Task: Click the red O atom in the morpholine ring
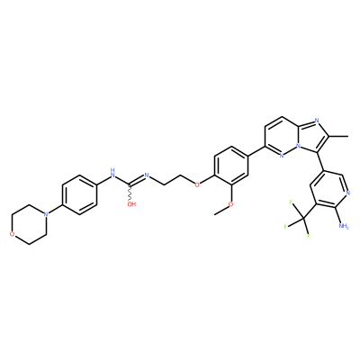[12, 234]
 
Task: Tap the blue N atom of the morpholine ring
[46, 214]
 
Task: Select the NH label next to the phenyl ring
[112, 173]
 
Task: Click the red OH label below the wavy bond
[131, 204]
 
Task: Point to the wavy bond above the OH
[130, 192]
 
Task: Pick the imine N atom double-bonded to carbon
[147, 175]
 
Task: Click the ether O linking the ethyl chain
[197, 184]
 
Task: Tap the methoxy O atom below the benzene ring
[230, 204]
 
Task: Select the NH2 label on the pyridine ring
[343, 225]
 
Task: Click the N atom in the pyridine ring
[347, 193]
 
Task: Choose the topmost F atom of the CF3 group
[291, 202]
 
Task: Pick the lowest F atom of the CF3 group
[308, 237]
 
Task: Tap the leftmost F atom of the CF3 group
[286, 227]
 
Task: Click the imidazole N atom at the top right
[317, 121]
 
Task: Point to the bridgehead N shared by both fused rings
[298, 147]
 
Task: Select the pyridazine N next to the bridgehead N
[282, 156]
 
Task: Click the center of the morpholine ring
[29, 224]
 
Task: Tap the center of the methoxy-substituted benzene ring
[230, 166]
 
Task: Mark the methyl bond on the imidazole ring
[338, 136]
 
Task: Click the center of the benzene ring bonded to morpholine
[79, 194]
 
